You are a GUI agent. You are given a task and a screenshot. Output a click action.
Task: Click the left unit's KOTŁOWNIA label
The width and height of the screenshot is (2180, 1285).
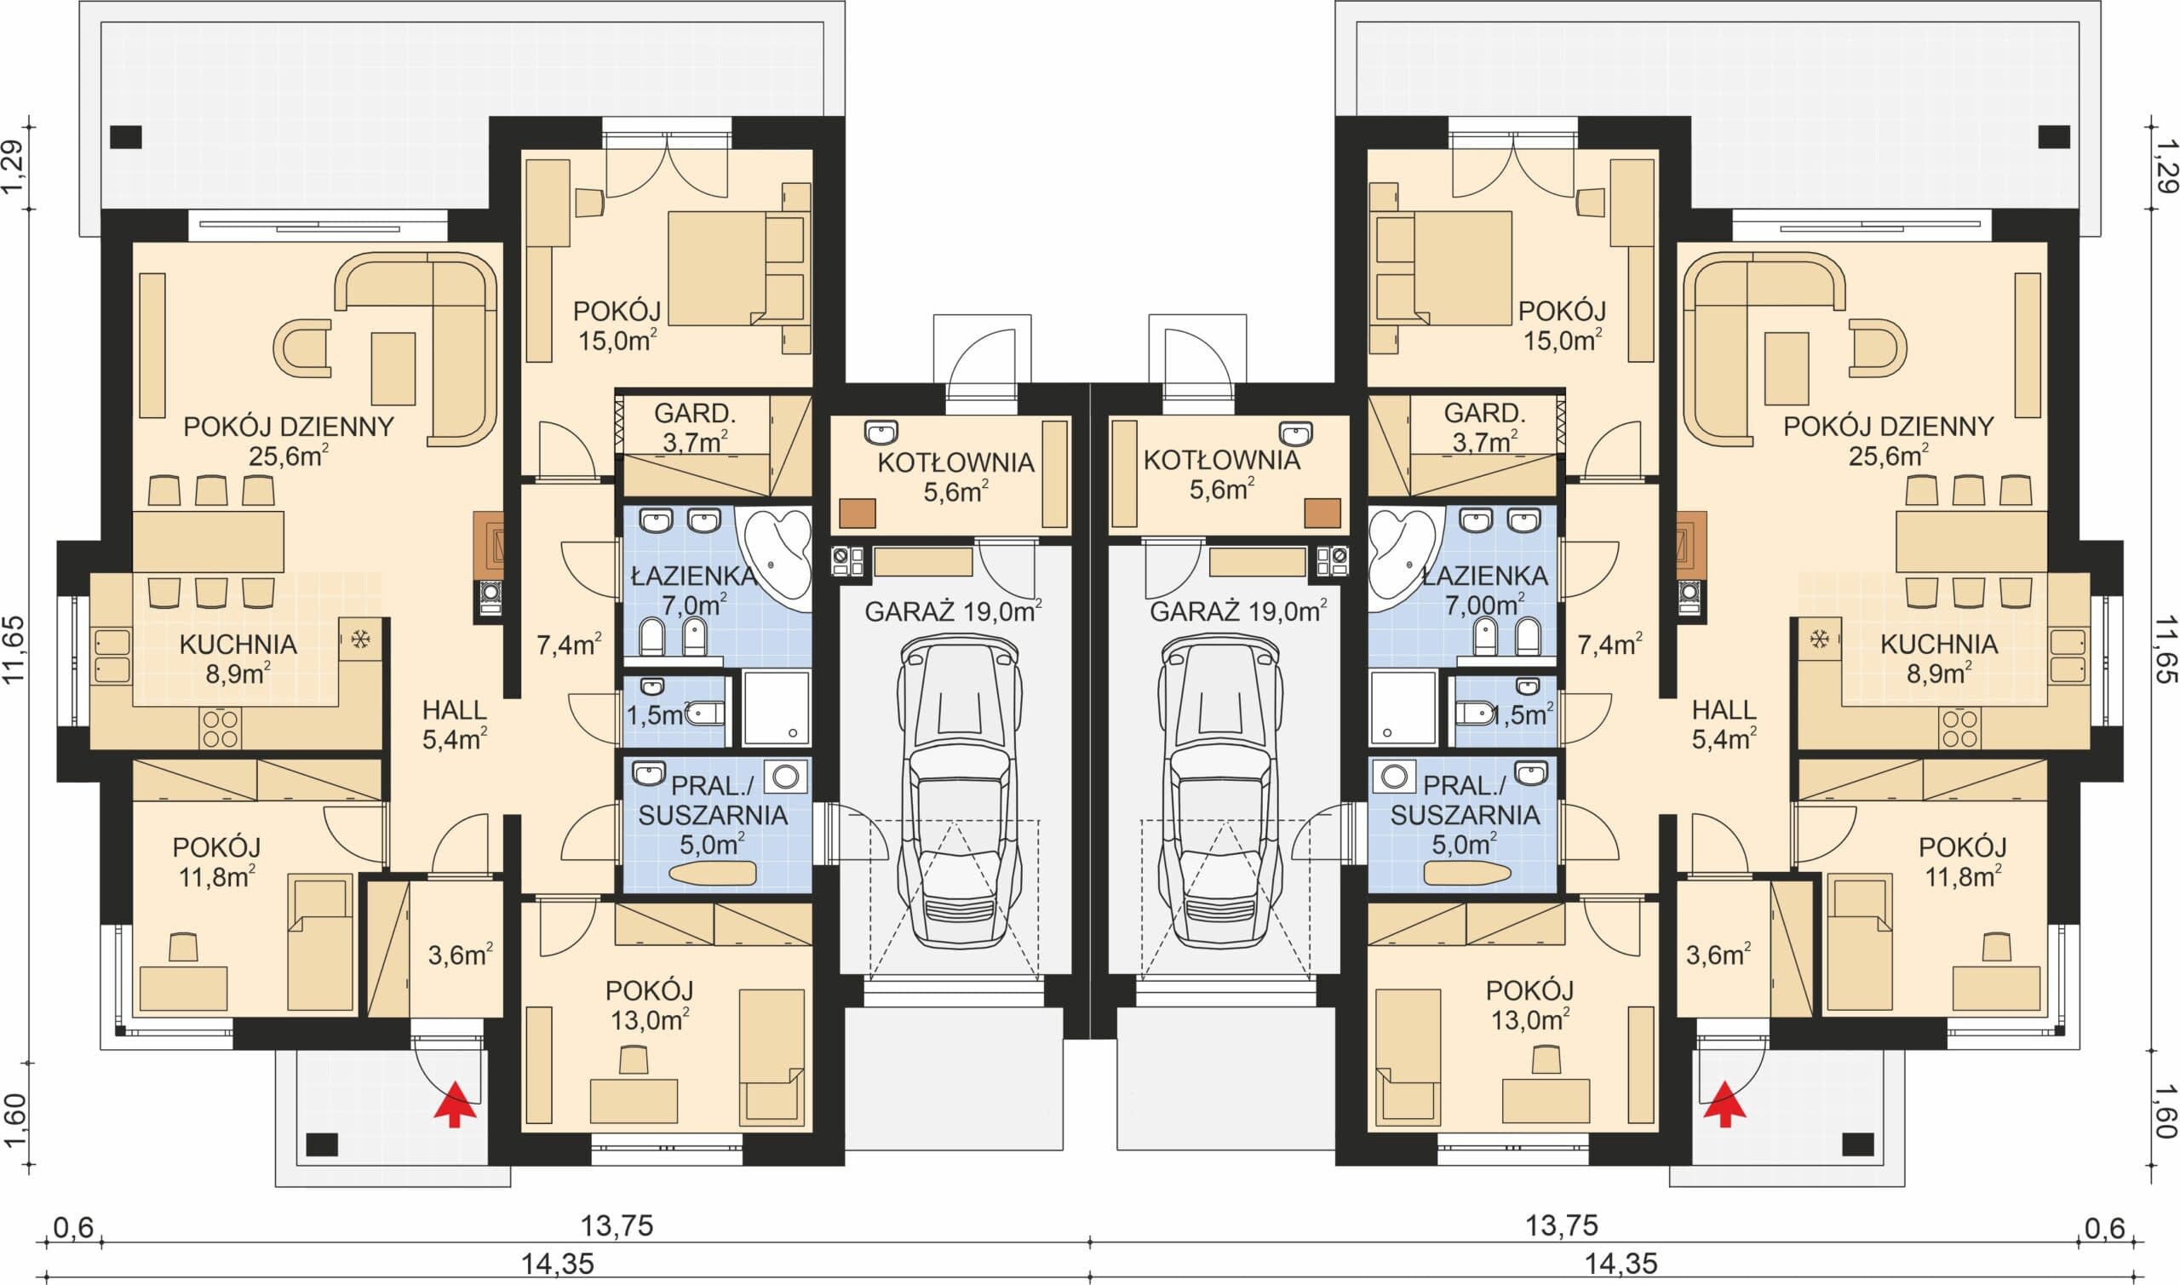pyautogui.click(x=955, y=462)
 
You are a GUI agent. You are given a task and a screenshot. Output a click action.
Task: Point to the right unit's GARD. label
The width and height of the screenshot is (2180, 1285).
pyautogui.click(x=1484, y=413)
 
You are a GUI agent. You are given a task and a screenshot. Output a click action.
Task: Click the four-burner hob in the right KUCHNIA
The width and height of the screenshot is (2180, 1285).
pyautogui.click(x=1959, y=728)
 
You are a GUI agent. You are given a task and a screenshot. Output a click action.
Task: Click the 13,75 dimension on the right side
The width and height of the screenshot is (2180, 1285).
pyautogui.click(x=1561, y=1226)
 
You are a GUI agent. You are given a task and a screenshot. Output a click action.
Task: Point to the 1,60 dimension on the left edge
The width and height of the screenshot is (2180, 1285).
pyautogui.click(x=16, y=1121)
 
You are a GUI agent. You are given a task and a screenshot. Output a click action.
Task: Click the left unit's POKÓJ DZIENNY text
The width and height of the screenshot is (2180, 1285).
pyautogui.click(x=289, y=427)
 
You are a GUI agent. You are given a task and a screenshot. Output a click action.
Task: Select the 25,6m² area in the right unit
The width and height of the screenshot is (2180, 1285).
pyautogui.click(x=1887, y=456)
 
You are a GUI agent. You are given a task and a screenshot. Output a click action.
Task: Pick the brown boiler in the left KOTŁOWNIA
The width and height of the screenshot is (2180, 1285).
pyautogui.click(x=858, y=513)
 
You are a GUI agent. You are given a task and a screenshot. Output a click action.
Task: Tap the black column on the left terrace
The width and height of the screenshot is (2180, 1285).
pyautogui.click(x=125, y=137)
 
